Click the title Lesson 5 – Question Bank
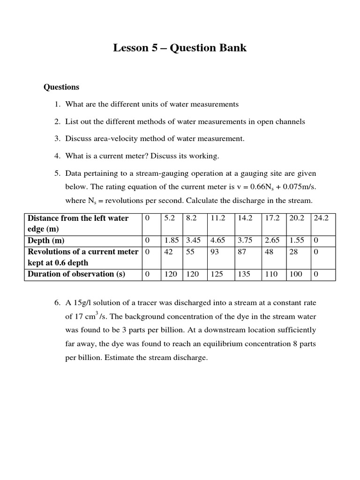[x=180, y=48]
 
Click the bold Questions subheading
[x=61, y=87]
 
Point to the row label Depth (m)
[x=46, y=240]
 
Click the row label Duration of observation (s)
[x=76, y=274]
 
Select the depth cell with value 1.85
[x=171, y=240]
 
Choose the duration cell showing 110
[x=271, y=274]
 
